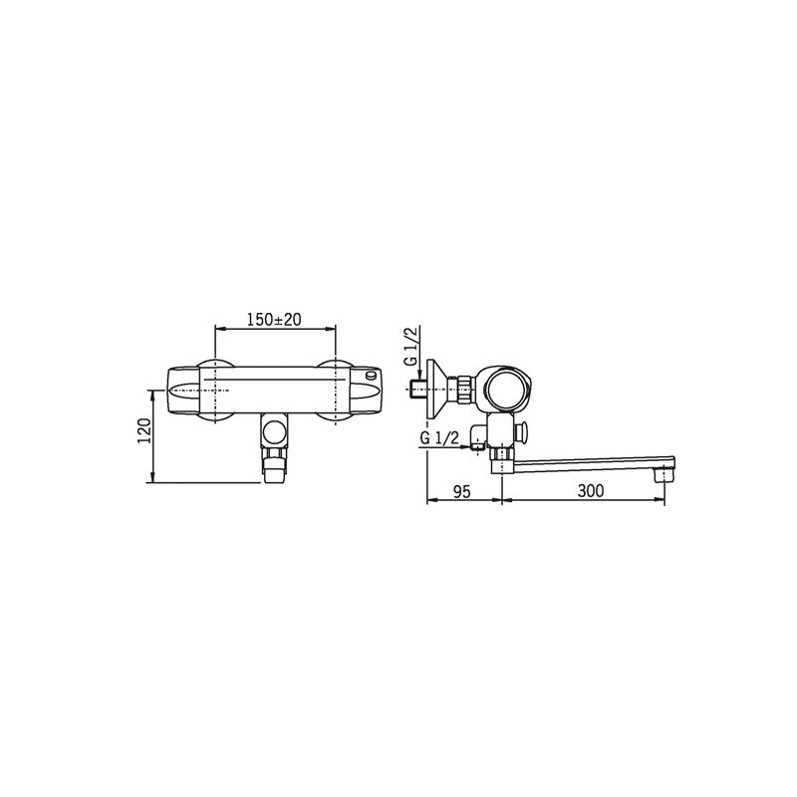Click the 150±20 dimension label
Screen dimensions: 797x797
pos(274,319)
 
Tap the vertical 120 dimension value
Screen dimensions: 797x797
pos(144,430)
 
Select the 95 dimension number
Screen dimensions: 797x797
pos(462,491)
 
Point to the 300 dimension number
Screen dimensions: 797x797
pos(591,491)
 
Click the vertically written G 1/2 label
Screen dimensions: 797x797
pos(410,346)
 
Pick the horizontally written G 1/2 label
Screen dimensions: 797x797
pos(439,437)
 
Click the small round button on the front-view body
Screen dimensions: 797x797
pos(373,376)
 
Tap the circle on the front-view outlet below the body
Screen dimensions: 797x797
pos(274,432)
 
